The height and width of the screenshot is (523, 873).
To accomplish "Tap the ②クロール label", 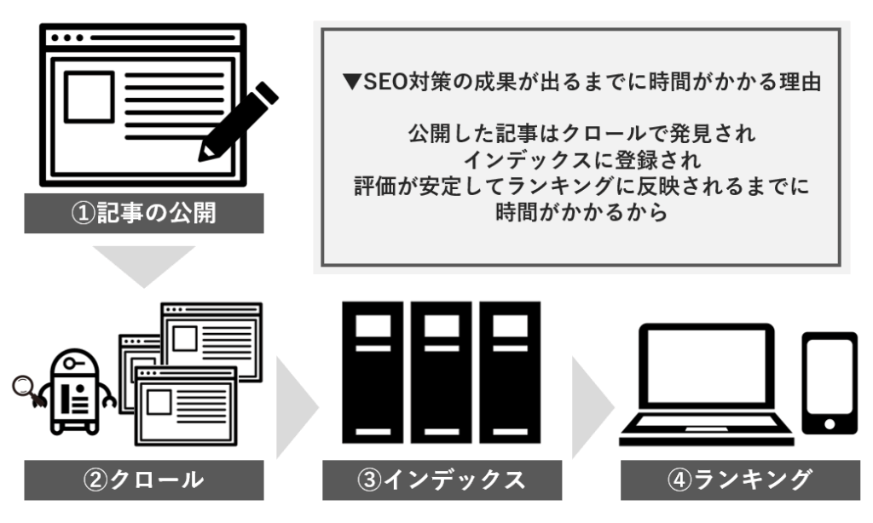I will tap(143, 480).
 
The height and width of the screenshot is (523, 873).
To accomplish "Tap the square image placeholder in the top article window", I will tap(89, 96).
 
